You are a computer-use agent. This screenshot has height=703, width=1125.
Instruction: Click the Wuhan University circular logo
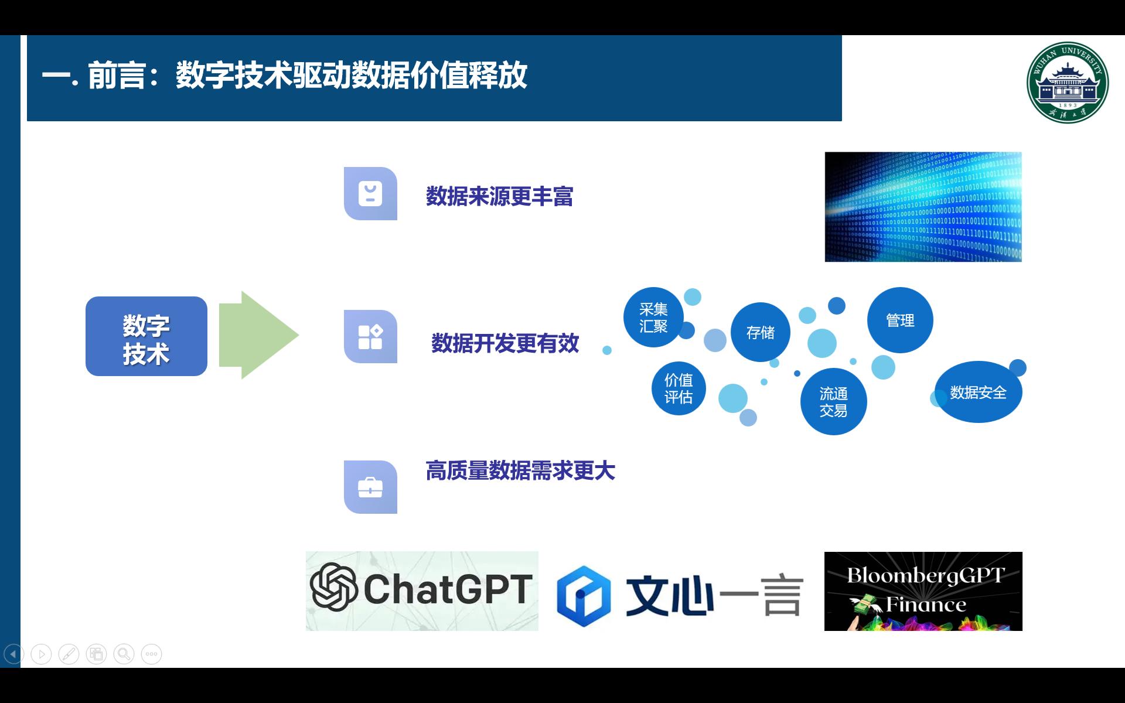1068,83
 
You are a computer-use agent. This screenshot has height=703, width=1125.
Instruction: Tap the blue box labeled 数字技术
146,336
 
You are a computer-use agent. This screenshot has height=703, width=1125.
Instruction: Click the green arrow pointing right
258,335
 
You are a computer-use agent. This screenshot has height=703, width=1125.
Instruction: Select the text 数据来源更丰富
499,196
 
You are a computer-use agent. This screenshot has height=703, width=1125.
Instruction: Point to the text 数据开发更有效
505,343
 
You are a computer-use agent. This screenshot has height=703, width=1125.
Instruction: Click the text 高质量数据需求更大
520,471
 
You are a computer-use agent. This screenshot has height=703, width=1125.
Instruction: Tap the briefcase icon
370,487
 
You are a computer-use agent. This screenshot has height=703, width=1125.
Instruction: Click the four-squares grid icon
370,337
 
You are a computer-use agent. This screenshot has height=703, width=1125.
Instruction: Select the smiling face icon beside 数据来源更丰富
370,194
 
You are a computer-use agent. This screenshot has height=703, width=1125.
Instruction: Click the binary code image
923,207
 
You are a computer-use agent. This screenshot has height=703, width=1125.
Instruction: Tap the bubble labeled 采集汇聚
653,318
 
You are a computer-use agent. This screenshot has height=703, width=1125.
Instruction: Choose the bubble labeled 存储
760,332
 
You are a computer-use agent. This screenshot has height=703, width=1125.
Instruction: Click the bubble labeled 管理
900,320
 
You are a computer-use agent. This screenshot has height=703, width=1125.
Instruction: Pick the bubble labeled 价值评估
679,388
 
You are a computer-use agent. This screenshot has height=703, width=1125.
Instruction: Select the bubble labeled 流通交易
833,402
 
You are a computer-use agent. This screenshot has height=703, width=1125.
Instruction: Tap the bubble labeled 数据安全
978,392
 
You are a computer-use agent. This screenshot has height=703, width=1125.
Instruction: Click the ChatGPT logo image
422,591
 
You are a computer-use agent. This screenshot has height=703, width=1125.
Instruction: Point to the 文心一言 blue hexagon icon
583,596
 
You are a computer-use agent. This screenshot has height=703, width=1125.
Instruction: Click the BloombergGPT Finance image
923,591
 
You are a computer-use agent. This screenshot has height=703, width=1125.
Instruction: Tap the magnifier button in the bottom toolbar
124,654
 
